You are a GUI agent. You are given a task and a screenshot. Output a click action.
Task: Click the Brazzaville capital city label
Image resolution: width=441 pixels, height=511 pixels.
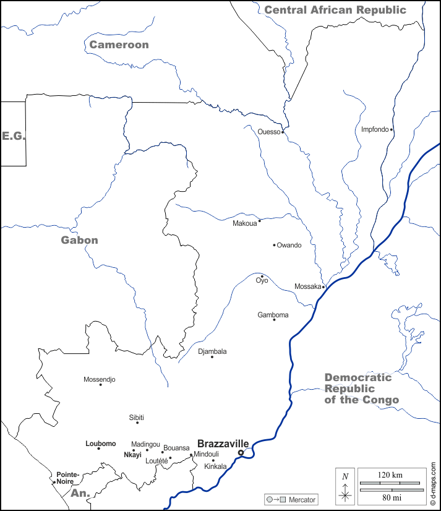[x=223, y=444]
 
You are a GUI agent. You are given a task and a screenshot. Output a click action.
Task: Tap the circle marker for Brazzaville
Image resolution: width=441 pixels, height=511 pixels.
[x=241, y=453]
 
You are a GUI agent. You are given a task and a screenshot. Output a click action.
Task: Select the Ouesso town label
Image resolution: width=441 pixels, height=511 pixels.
[x=269, y=131]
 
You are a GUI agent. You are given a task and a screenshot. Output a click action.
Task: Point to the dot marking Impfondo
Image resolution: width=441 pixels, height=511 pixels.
[x=392, y=129]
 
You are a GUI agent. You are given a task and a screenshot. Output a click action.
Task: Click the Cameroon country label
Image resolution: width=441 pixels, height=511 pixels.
[x=119, y=45]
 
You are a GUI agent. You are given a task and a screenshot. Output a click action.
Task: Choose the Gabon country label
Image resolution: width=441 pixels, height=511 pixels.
[x=79, y=240]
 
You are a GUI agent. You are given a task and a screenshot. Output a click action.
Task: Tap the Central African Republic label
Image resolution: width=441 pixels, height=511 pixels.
[x=335, y=10]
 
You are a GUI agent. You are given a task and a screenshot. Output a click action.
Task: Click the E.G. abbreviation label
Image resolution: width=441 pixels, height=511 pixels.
[x=13, y=135]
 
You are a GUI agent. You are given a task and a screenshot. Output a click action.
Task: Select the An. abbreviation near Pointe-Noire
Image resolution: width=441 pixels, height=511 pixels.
[x=80, y=493]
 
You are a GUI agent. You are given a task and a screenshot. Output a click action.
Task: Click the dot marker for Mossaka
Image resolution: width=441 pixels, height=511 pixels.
[x=323, y=286]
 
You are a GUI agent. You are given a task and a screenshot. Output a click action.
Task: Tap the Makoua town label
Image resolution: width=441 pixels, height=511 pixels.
[x=244, y=223]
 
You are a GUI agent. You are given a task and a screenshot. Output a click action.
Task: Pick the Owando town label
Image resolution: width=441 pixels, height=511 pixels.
[x=289, y=245]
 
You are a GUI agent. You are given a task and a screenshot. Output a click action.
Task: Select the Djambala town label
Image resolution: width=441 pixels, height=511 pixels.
[x=212, y=351]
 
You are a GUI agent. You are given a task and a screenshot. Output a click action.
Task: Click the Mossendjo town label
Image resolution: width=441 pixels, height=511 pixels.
[x=99, y=379]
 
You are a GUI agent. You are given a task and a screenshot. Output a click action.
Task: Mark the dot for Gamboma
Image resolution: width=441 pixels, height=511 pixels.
[x=274, y=319]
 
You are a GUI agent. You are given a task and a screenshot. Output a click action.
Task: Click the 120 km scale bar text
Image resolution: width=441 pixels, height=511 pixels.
[x=390, y=474]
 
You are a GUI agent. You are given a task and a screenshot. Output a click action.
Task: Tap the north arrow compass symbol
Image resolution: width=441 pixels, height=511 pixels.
[x=345, y=488]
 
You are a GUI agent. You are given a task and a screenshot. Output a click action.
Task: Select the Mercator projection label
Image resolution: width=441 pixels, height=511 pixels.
[x=302, y=499]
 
